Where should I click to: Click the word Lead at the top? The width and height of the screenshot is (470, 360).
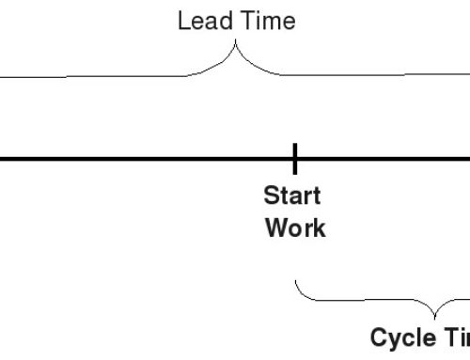pyautogui.click(x=198, y=21)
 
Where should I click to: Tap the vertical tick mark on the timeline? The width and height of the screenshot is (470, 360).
pyautogui.click(x=294, y=159)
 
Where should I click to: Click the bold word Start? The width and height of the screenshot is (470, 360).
pyautogui.click(x=292, y=196)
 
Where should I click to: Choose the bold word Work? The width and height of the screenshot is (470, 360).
pyautogui.click(x=295, y=227)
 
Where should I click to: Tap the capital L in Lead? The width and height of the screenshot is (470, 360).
pyautogui.click(x=182, y=21)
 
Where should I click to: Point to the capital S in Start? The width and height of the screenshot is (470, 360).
pyautogui.click(x=271, y=196)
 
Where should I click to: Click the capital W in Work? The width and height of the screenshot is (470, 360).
pyautogui.click(x=276, y=227)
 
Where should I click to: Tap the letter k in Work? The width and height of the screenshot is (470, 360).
pyautogui.click(x=319, y=227)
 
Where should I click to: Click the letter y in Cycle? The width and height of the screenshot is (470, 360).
pyautogui.click(x=396, y=340)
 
